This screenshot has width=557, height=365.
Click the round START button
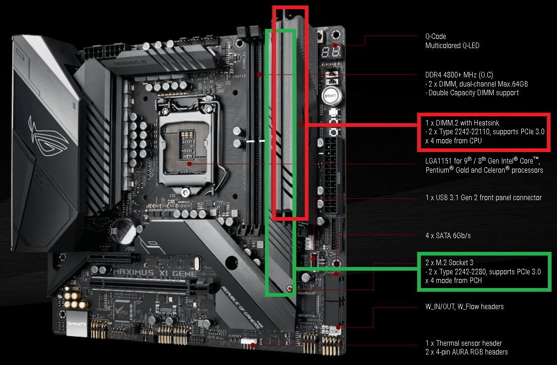[331, 96]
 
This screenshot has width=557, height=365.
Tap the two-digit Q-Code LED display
[331, 52]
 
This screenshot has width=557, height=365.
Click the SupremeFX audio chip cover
[77, 323]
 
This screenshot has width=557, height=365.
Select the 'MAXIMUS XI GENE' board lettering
[155, 273]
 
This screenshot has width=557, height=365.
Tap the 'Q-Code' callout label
[436, 37]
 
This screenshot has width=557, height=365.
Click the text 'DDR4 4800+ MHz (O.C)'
[459, 75]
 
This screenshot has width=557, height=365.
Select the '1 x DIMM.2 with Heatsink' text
[462, 123]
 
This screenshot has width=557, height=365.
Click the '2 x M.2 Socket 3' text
[449, 262]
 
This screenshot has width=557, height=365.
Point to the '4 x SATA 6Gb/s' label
[448, 235]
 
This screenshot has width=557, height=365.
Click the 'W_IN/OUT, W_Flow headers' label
[464, 307]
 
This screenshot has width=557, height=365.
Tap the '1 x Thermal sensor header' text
[463, 343]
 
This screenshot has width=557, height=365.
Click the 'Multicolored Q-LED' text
[452, 45]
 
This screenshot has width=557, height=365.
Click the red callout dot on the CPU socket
[189, 164]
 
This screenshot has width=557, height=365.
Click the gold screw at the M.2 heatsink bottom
[289, 289]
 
